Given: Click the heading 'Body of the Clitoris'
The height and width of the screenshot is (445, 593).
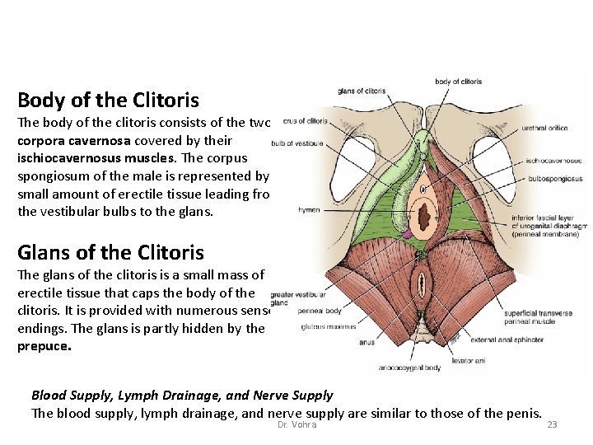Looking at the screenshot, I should [108, 101].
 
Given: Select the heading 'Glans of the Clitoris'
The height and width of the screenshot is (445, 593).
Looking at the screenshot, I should [110, 252].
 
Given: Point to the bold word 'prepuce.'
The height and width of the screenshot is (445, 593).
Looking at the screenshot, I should [44, 346].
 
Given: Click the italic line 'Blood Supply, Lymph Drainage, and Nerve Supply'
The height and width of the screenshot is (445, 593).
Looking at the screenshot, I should [181, 396].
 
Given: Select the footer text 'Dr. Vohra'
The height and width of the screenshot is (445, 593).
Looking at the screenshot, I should [296, 424].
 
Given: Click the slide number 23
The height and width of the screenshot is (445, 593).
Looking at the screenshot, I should [552, 424].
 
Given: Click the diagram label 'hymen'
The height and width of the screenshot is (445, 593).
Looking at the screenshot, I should [310, 210].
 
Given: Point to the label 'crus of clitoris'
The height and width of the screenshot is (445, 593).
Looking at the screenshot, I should [304, 121].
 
